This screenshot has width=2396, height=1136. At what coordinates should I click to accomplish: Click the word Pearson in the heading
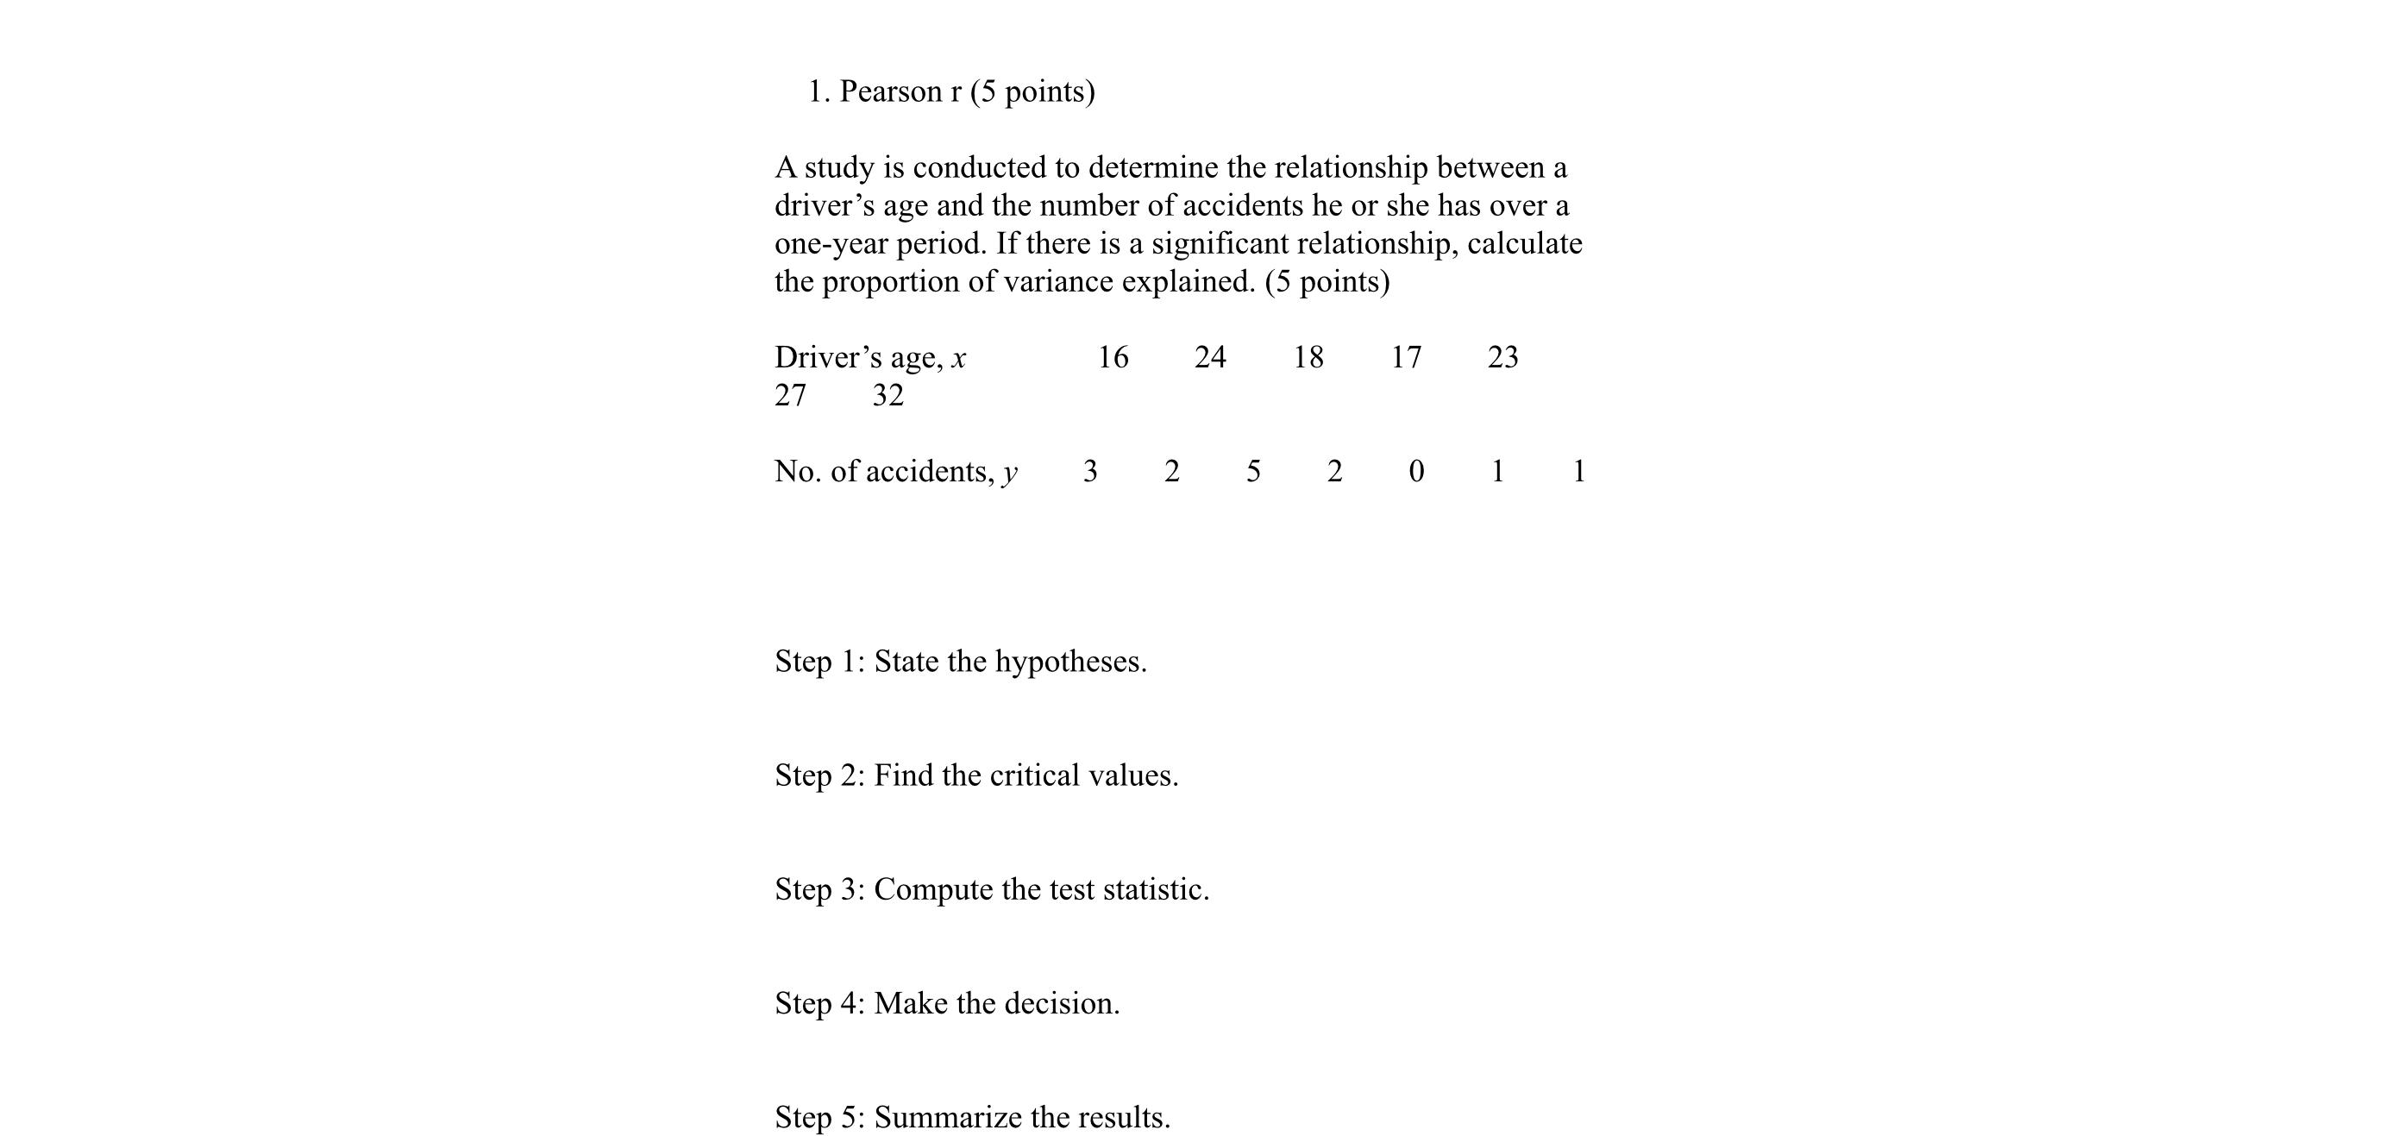pyautogui.click(x=890, y=92)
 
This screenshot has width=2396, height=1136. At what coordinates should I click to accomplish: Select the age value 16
pyautogui.click(x=1113, y=357)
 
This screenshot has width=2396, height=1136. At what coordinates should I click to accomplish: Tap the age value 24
pyautogui.click(x=1210, y=357)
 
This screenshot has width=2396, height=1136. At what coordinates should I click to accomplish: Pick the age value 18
pyautogui.click(x=1308, y=357)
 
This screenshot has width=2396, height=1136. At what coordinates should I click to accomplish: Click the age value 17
pyautogui.click(x=1405, y=357)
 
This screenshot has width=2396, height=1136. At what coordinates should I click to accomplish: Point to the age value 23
pyautogui.click(x=1503, y=357)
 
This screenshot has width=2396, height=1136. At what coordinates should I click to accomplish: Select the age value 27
pyautogui.click(x=791, y=395)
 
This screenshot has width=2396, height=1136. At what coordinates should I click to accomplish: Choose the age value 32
pyautogui.click(x=888, y=395)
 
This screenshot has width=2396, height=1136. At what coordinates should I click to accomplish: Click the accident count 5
pyautogui.click(x=1253, y=472)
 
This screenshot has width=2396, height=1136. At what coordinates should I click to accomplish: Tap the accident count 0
pyautogui.click(x=1415, y=472)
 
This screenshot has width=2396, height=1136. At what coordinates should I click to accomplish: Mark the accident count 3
pyautogui.click(x=1090, y=472)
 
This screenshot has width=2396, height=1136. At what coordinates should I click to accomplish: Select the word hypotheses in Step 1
pyautogui.click(x=1069, y=662)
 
